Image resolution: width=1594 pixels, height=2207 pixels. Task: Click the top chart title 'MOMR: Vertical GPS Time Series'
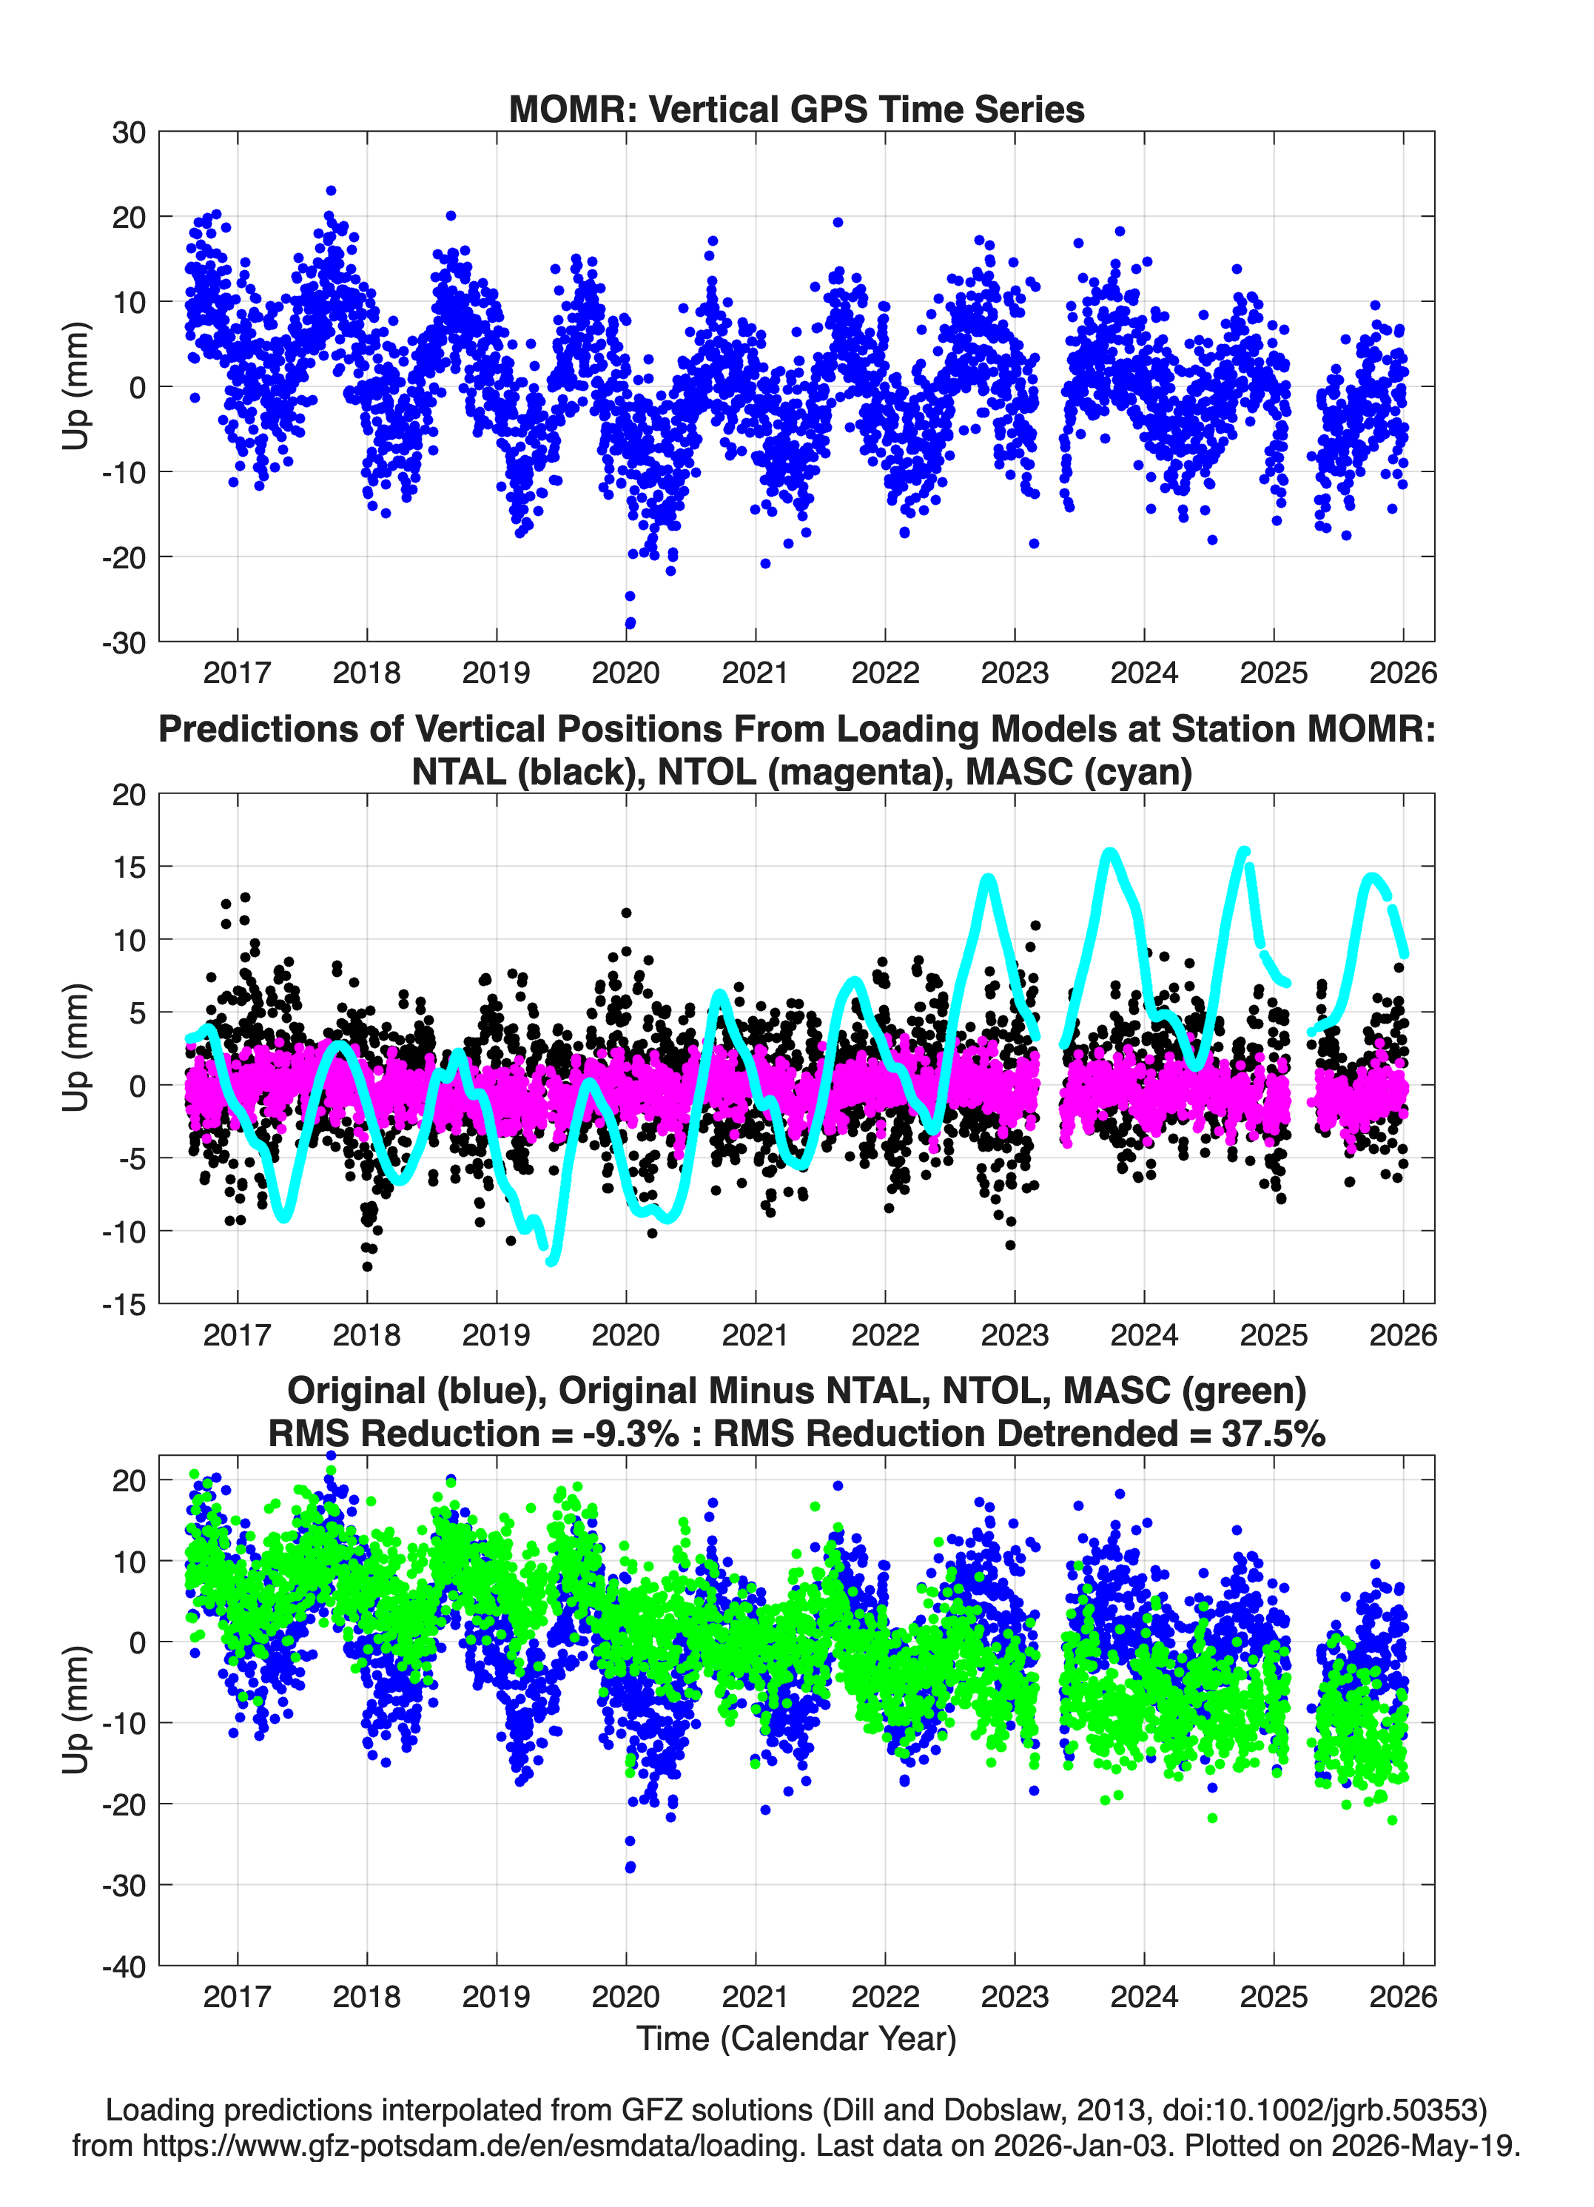(x=796, y=109)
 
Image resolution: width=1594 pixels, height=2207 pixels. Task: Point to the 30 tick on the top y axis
(x=129, y=132)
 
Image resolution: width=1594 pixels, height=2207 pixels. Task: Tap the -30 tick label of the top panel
(x=124, y=642)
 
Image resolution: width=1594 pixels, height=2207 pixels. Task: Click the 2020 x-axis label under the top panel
(x=626, y=673)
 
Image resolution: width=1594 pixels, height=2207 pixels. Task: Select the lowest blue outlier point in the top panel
(x=630, y=622)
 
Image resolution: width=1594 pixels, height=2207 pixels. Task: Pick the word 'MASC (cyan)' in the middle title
(x=1078, y=772)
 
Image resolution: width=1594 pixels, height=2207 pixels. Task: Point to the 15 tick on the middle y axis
(x=129, y=866)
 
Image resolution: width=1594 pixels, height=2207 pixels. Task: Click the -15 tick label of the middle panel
(x=124, y=1304)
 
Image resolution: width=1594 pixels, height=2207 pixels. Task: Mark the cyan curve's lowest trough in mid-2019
(x=553, y=1261)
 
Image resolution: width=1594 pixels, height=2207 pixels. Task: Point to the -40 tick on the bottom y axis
(x=124, y=1966)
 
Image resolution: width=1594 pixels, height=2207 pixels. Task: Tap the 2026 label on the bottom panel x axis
(x=1402, y=1996)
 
